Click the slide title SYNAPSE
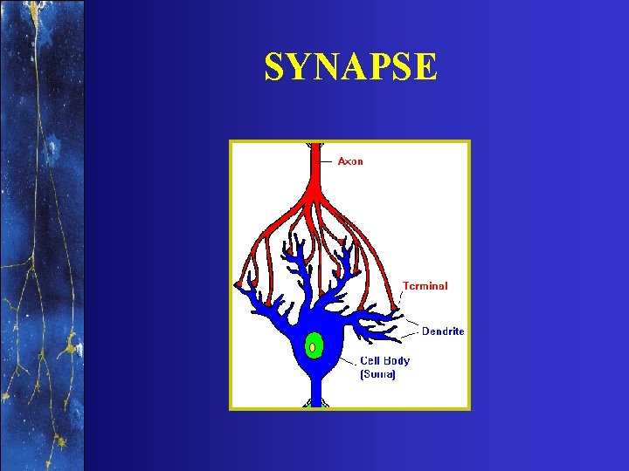click(x=350, y=66)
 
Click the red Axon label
click(x=350, y=161)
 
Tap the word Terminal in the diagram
click(x=425, y=285)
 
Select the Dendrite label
click(x=443, y=331)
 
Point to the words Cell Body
click(x=385, y=360)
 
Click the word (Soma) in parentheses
click(x=378, y=374)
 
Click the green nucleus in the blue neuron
click(x=313, y=346)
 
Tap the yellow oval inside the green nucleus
click(x=312, y=347)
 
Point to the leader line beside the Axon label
click(x=328, y=161)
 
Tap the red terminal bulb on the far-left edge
click(x=238, y=284)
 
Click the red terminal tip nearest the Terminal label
click(x=395, y=306)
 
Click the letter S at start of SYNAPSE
click(x=275, y=67)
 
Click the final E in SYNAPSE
click(x=425, y=67)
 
